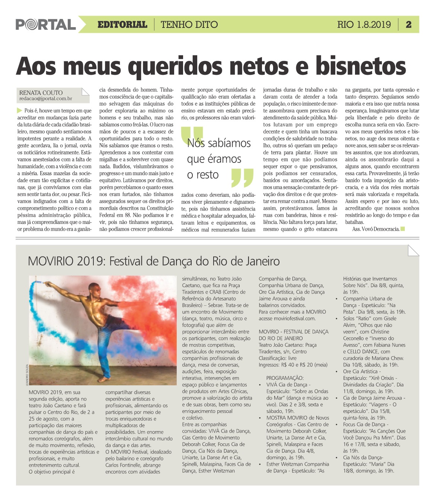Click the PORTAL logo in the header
pos(46,25)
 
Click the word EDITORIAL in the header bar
pos(122,25)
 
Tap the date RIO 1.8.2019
pos(364,25)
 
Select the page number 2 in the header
pos(409,25)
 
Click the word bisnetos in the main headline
pos(361,67)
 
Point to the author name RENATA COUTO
pos(41,93)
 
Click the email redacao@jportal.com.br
pos(46,99)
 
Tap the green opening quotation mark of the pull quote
pos(193,135)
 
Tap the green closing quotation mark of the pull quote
pos(242,177)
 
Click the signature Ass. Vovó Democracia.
pos(375,229)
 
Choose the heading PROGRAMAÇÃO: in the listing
pos(285,378)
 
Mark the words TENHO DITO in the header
pos(189,25)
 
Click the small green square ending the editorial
pos(402,229)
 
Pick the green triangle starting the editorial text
pos(20,110)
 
